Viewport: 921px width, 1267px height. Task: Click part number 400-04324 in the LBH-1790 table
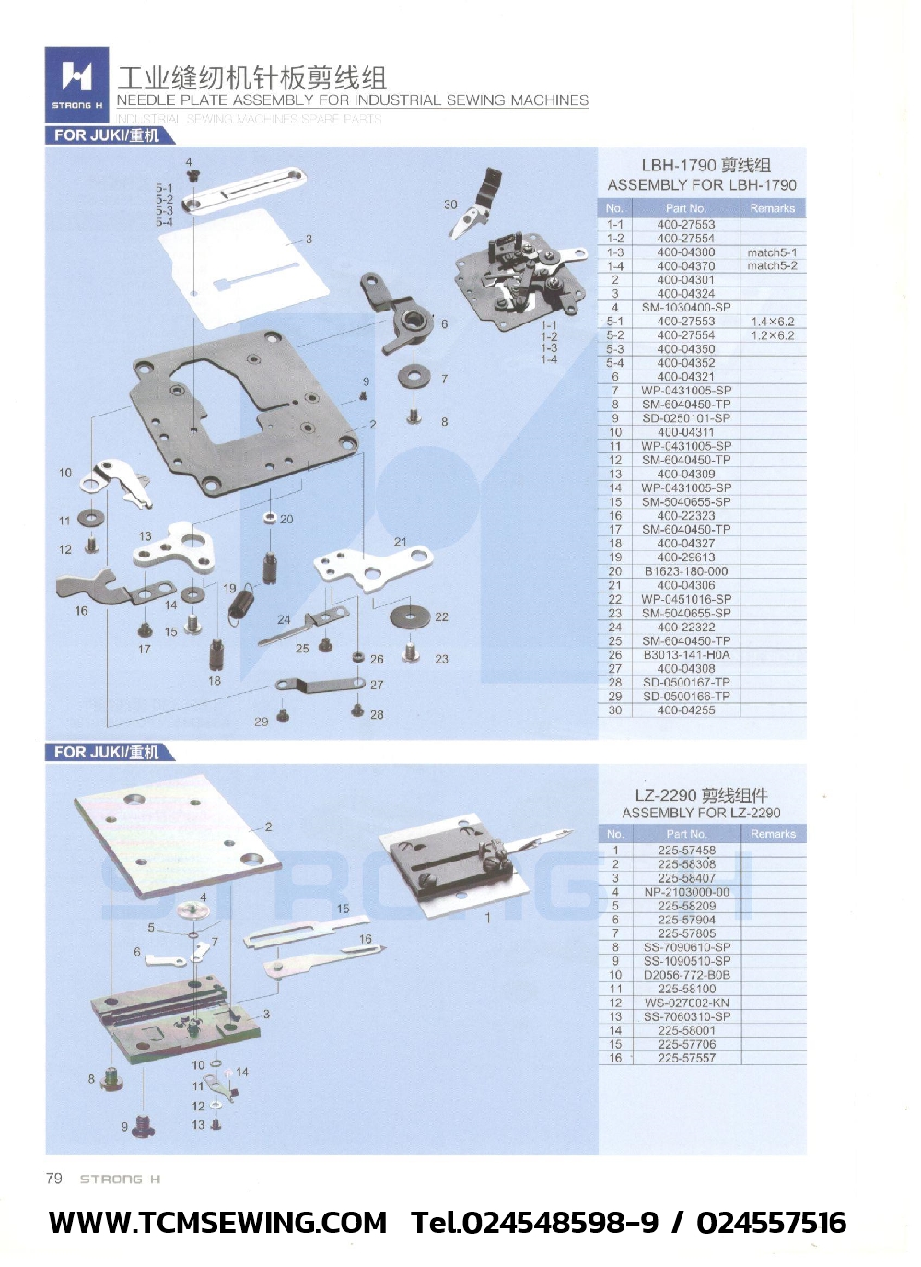coord(685,294)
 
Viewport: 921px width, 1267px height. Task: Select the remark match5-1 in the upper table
coord(772,252)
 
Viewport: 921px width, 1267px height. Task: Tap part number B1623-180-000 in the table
coord(685,571)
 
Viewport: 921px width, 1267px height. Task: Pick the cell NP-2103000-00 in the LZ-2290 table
coord(686,892)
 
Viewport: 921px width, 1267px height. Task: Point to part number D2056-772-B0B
coord(686,975)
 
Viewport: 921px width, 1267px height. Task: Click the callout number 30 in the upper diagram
coord(450,205)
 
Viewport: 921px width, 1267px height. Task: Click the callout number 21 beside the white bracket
coord(400,542)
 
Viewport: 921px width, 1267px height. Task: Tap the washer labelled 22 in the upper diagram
coord(411,617)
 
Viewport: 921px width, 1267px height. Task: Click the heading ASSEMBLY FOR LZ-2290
coord(701,813)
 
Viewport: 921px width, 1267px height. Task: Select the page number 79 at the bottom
coord(54,1179)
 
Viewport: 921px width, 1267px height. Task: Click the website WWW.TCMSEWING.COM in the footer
coord(217,1223)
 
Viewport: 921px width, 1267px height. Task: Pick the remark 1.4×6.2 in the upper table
coord(772,322)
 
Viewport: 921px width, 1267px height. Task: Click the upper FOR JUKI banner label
coord(106,135)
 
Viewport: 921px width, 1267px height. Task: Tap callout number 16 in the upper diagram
coord(81,611)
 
